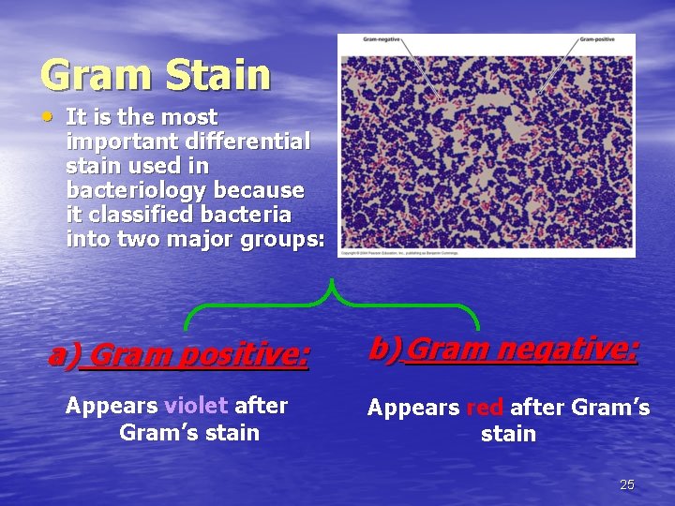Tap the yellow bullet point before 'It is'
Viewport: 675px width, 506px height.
click(48, 116)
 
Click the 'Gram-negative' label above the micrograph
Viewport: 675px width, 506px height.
click(382, 39)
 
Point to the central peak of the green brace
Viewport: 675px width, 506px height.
click(332, 286)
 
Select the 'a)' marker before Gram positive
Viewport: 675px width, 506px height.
click(64, 354)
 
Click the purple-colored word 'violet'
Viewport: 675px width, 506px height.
click(196, 406)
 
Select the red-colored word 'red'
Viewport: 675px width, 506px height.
click(485, 408)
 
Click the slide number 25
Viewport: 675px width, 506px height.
click(627, 484)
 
